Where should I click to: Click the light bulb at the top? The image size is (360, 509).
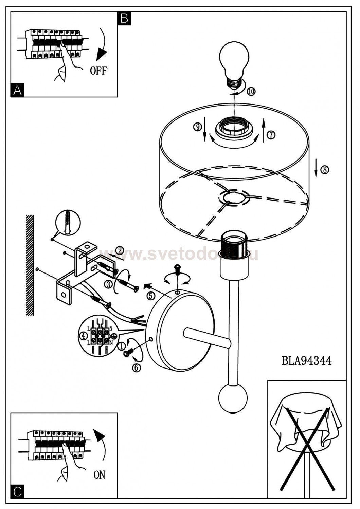click(235, 64)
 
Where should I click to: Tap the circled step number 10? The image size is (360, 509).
click(251, 91)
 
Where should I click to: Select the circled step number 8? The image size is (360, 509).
click(325, 170)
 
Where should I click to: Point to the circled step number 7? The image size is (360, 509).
click(271, 135)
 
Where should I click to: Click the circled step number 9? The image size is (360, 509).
click(197, 127)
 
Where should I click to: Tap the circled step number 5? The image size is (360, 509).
click(150, 296)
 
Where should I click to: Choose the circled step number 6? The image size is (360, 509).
click(136, 366)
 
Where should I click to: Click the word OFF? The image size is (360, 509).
click(98, 71)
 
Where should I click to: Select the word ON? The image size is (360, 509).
click(99, 475)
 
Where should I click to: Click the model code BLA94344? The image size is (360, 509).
click(307, 360)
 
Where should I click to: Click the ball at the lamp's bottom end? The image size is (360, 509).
click(233, 399)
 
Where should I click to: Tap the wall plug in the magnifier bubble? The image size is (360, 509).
click(68, 223)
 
